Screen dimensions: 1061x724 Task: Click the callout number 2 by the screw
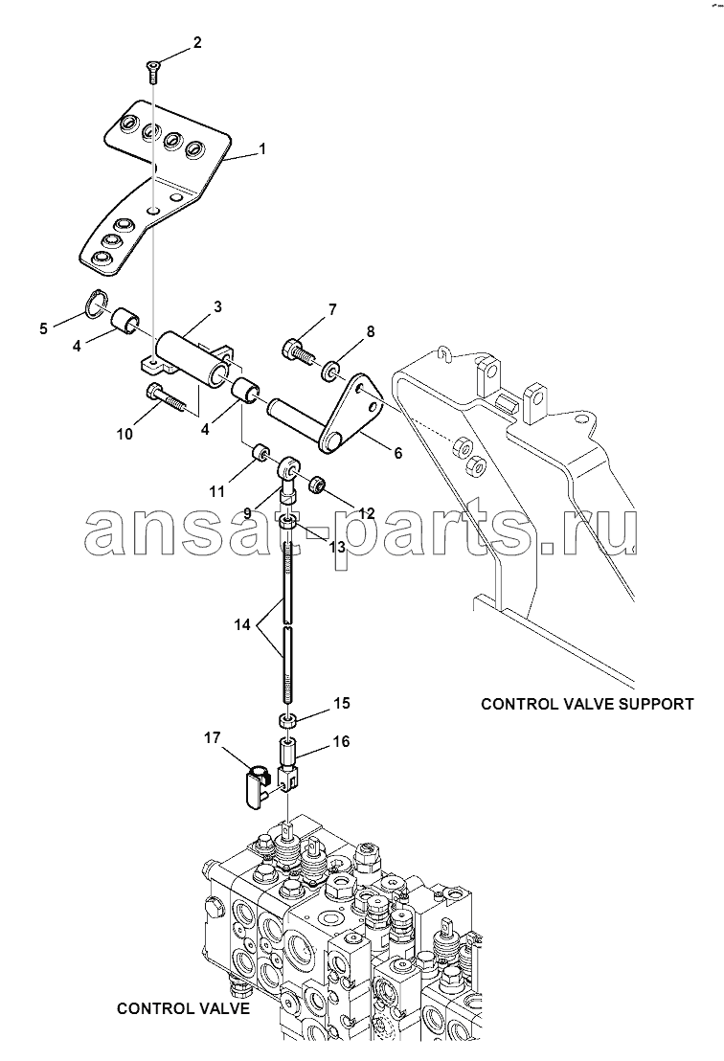197,42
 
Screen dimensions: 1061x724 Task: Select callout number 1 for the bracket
262,150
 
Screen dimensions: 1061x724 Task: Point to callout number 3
217,306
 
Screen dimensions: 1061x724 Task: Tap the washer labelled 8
330,367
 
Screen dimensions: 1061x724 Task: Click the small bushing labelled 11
259,452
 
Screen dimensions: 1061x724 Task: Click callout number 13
337,547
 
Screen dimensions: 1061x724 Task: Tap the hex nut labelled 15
287,720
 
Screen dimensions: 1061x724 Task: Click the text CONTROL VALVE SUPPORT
586,704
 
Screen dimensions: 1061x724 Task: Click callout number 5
43,329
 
